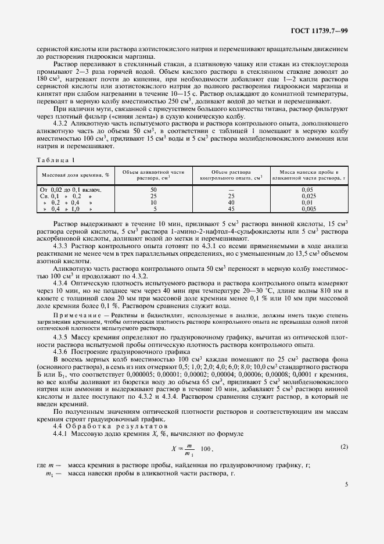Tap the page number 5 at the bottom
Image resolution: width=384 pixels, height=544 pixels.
point(346,484)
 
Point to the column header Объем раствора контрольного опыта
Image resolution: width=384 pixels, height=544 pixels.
point(231,175)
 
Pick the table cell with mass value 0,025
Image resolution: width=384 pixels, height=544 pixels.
point(308,196)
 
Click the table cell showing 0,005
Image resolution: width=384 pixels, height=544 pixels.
point(308,209)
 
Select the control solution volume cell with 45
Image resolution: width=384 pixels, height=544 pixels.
point(231,209)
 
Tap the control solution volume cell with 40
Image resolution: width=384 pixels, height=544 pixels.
point(231,202)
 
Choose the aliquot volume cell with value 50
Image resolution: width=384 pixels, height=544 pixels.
point(153,189)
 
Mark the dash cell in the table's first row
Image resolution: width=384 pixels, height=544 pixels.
point(231,189)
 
